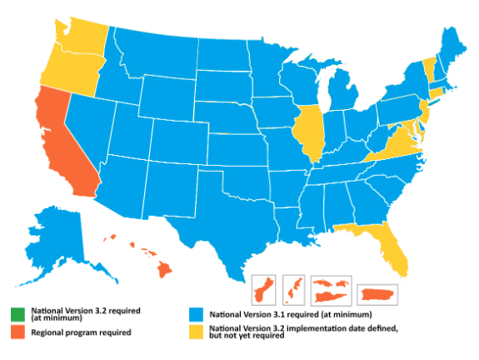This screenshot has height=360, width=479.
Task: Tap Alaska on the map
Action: click(62, 237)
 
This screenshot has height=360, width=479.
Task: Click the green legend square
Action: click(17, 314)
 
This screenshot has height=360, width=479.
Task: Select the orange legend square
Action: click(17, 332)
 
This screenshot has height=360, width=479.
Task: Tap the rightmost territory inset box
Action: click(378, 293)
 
